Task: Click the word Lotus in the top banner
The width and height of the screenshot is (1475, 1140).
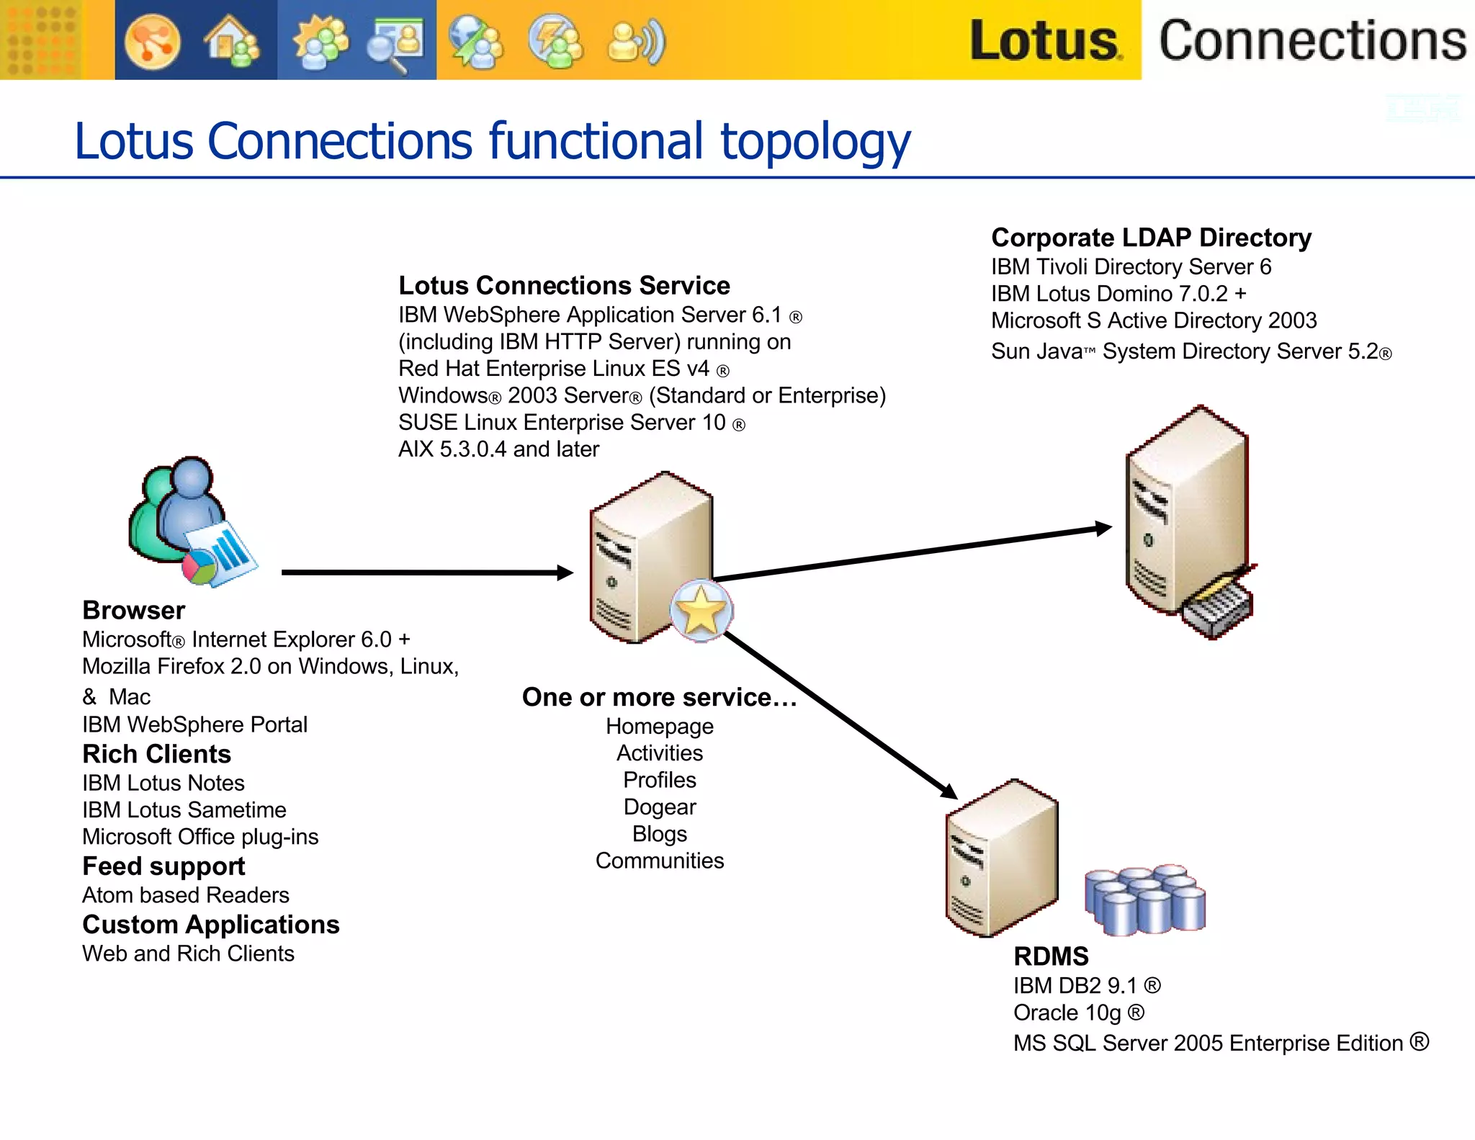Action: (1044, 40)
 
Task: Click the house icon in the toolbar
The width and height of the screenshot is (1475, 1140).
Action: (231, 42)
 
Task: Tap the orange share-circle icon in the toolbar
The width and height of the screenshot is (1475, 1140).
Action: (152, 42)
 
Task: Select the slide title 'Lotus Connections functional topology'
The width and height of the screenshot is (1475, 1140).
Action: (492, 141)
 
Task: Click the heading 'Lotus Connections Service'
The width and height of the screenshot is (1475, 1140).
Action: (564, 286)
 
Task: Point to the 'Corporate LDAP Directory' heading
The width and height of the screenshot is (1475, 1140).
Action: (1151, 238)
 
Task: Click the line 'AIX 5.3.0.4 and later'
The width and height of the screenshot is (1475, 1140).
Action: (498, 449)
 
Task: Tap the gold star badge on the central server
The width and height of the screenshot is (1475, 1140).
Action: (701, 611)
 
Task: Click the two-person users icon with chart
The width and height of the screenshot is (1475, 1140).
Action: (191, 522)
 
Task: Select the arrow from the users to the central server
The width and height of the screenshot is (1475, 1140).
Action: (425, 573)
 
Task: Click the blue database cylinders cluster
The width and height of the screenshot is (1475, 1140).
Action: (1144, 900)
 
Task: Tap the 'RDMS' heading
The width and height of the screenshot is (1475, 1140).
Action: (1051, 956)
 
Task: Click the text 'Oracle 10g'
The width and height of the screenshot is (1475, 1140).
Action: (1067, 1013)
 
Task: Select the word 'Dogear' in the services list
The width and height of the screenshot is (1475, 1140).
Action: (660, 807)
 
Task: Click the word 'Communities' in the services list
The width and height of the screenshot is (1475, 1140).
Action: (660, 861)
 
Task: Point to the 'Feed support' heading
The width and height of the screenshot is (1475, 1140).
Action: (163, 866)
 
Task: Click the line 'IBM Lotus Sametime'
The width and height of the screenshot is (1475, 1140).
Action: (184, 810)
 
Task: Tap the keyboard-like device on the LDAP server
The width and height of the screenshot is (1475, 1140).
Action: (1217, 605)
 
